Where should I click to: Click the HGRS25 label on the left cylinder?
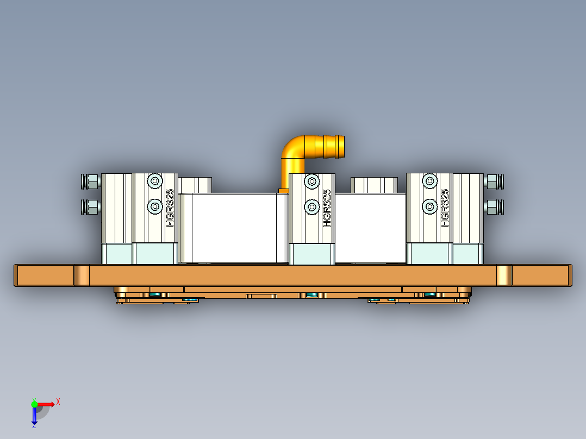pos(170,208)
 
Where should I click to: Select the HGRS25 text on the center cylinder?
pos(327,208)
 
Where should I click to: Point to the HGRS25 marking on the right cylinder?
pos(445,208)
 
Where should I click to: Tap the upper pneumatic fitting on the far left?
pos(91,181)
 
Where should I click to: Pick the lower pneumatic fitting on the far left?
pos(91,206)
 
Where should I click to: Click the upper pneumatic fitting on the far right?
pos(494,181)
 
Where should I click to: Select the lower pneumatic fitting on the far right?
pos(494,206)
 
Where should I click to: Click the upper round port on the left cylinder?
pos(155,181)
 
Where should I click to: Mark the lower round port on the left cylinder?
pos(155,206)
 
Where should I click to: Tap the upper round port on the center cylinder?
pos(312,181)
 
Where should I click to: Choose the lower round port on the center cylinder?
pos(312,206)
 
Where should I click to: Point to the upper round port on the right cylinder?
pos(430,181)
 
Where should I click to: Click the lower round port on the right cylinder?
pos(430,206)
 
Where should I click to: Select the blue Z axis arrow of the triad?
pos(34,418)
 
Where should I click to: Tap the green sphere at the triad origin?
pos(34,404)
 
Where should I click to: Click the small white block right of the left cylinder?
pos(195,185)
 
